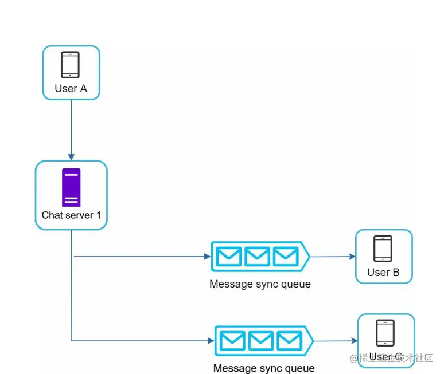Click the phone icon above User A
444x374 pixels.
point(71,65)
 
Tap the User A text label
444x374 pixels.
point(71,89)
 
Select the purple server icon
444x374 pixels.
point(71,187)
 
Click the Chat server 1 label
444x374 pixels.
point(71,216)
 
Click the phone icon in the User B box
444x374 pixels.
point(383,249)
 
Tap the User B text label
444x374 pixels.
point(383,273)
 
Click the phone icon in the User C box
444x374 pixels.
point(385,333)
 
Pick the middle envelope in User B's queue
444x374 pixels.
point(257,256)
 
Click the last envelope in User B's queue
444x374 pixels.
point(285,256)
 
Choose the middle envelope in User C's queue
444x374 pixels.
point(261,341)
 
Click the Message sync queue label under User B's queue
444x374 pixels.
point(260,284)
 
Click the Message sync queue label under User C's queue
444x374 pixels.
point(264,368)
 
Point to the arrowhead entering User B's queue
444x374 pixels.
point(207,257)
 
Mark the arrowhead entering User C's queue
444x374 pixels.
point(211,341)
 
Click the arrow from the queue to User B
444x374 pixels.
point(333,257)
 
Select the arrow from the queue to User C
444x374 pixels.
point(336,341)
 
